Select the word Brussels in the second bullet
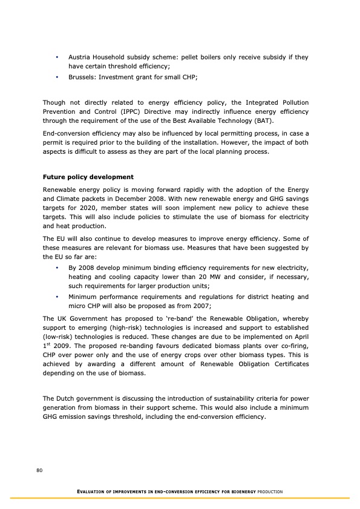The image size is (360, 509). (82, 77)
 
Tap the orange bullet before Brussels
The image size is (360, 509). (56, 77)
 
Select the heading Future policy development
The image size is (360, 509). (88, 177)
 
